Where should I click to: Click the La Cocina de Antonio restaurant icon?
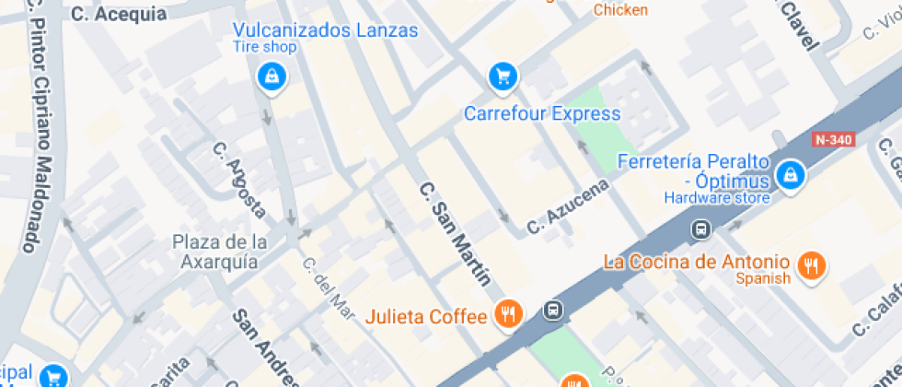click(811, 266)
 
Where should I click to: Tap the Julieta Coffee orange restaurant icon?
click(508, 314)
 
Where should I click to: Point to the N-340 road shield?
click(834, 140)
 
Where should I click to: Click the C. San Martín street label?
click(454, 233)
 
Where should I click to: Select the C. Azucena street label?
click(568, 207)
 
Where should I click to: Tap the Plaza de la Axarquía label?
click(221, 252)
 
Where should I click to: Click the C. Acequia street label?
click(119, 13)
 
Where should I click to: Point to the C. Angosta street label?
click(239, 180)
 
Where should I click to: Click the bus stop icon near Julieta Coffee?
click(553, 310)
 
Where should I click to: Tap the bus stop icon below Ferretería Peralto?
click(701, 228)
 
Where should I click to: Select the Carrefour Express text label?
click(542, 114)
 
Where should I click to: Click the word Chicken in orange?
click(620, 10)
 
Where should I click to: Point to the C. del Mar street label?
click(328, 287)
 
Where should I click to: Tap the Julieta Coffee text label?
click(426, 317)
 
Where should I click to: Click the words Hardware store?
click(717, 197)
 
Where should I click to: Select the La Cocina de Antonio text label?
click(697, 261)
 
